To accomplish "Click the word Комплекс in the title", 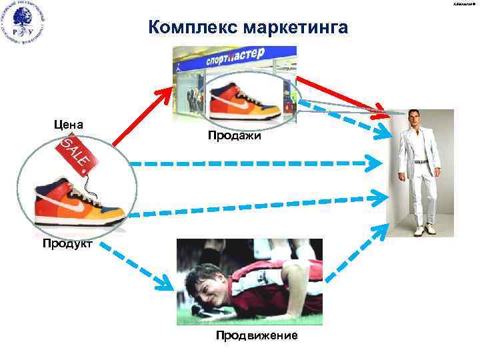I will click(194, 27).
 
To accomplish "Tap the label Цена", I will click(69, 124).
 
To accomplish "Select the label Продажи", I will click(234, 136).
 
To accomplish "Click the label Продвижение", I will click(256, 335).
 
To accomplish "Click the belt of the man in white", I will click(419, 161).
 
